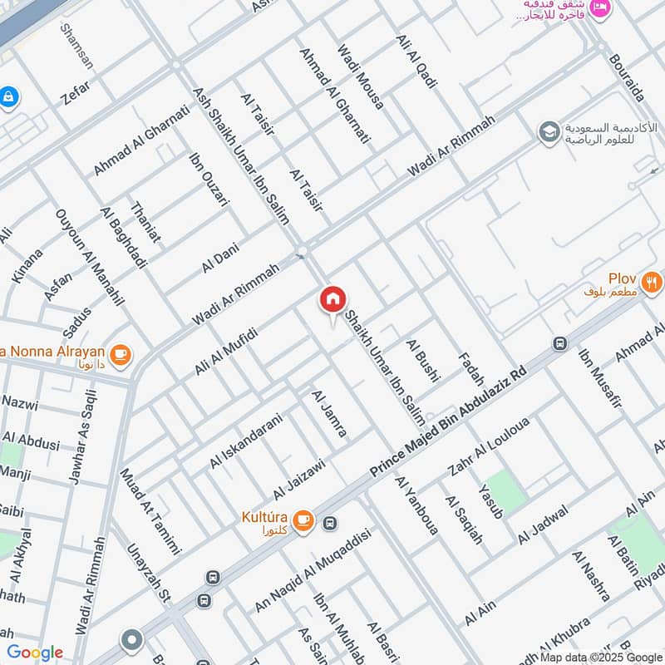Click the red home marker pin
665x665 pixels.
pyautogui.click(x=332, y=299)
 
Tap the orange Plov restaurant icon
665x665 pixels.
pyautogui.click(x=653, y=281)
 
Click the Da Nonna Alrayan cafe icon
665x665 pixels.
pyautogui.click(x=121, y=355)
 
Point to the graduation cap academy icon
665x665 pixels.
pyautogui.click(x=549, y=132)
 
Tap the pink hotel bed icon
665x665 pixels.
pyautogui.click(x=602, y=9)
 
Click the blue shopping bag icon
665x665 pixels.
pyautogui.click(x=7, y=97)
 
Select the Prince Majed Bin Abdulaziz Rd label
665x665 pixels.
pyautogui.click(x=449, y=424)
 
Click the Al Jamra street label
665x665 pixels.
pyautogui.click(x=329, y=413)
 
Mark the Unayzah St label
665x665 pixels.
pyautogui.click(x=148, y=574)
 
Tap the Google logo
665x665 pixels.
pyautogui.click(x=34, y=653)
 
